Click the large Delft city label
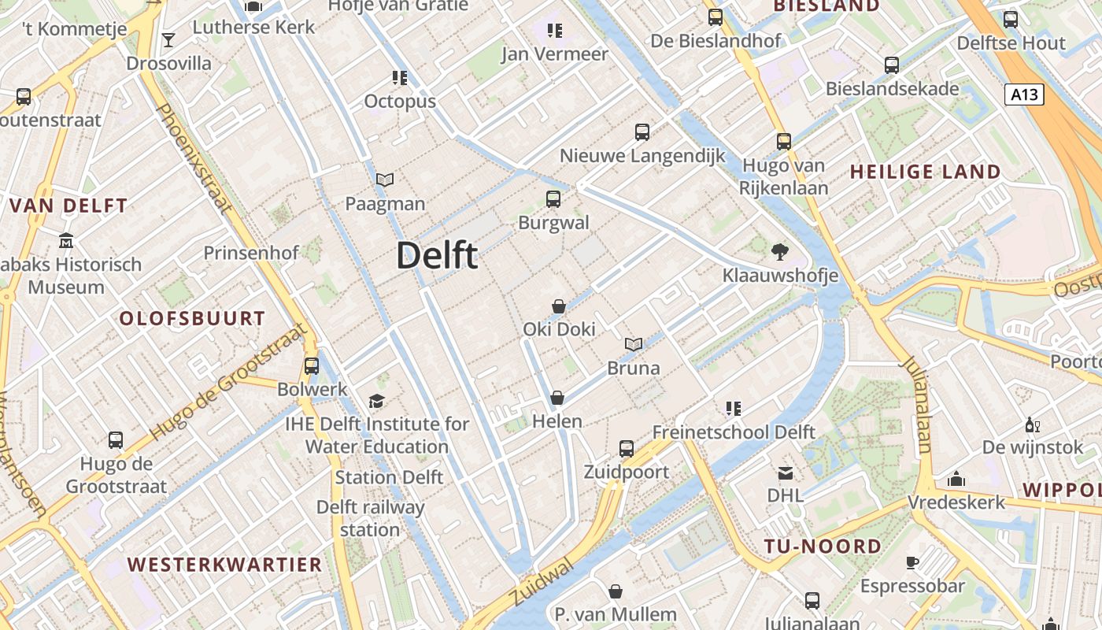(437, 255)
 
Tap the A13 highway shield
(1024, 95)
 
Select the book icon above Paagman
(385, 180)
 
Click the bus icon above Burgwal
(553, 199)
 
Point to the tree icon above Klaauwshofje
(780, 252)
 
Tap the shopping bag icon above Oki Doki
(559, 306)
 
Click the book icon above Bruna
(634, 344)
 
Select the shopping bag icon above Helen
(557, 398)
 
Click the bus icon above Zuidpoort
(627, 449)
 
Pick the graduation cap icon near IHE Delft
(377, 401)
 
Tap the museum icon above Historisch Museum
(66, 240)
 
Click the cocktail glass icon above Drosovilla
(168, 39)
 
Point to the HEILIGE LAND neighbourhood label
(926, 172)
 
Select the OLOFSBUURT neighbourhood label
(192, 319)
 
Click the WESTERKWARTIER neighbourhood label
(225, 565)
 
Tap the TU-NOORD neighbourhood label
(823, 547)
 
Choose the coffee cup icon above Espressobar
(912, 562)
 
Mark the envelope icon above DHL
(786, 473)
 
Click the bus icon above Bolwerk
(312, 366)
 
